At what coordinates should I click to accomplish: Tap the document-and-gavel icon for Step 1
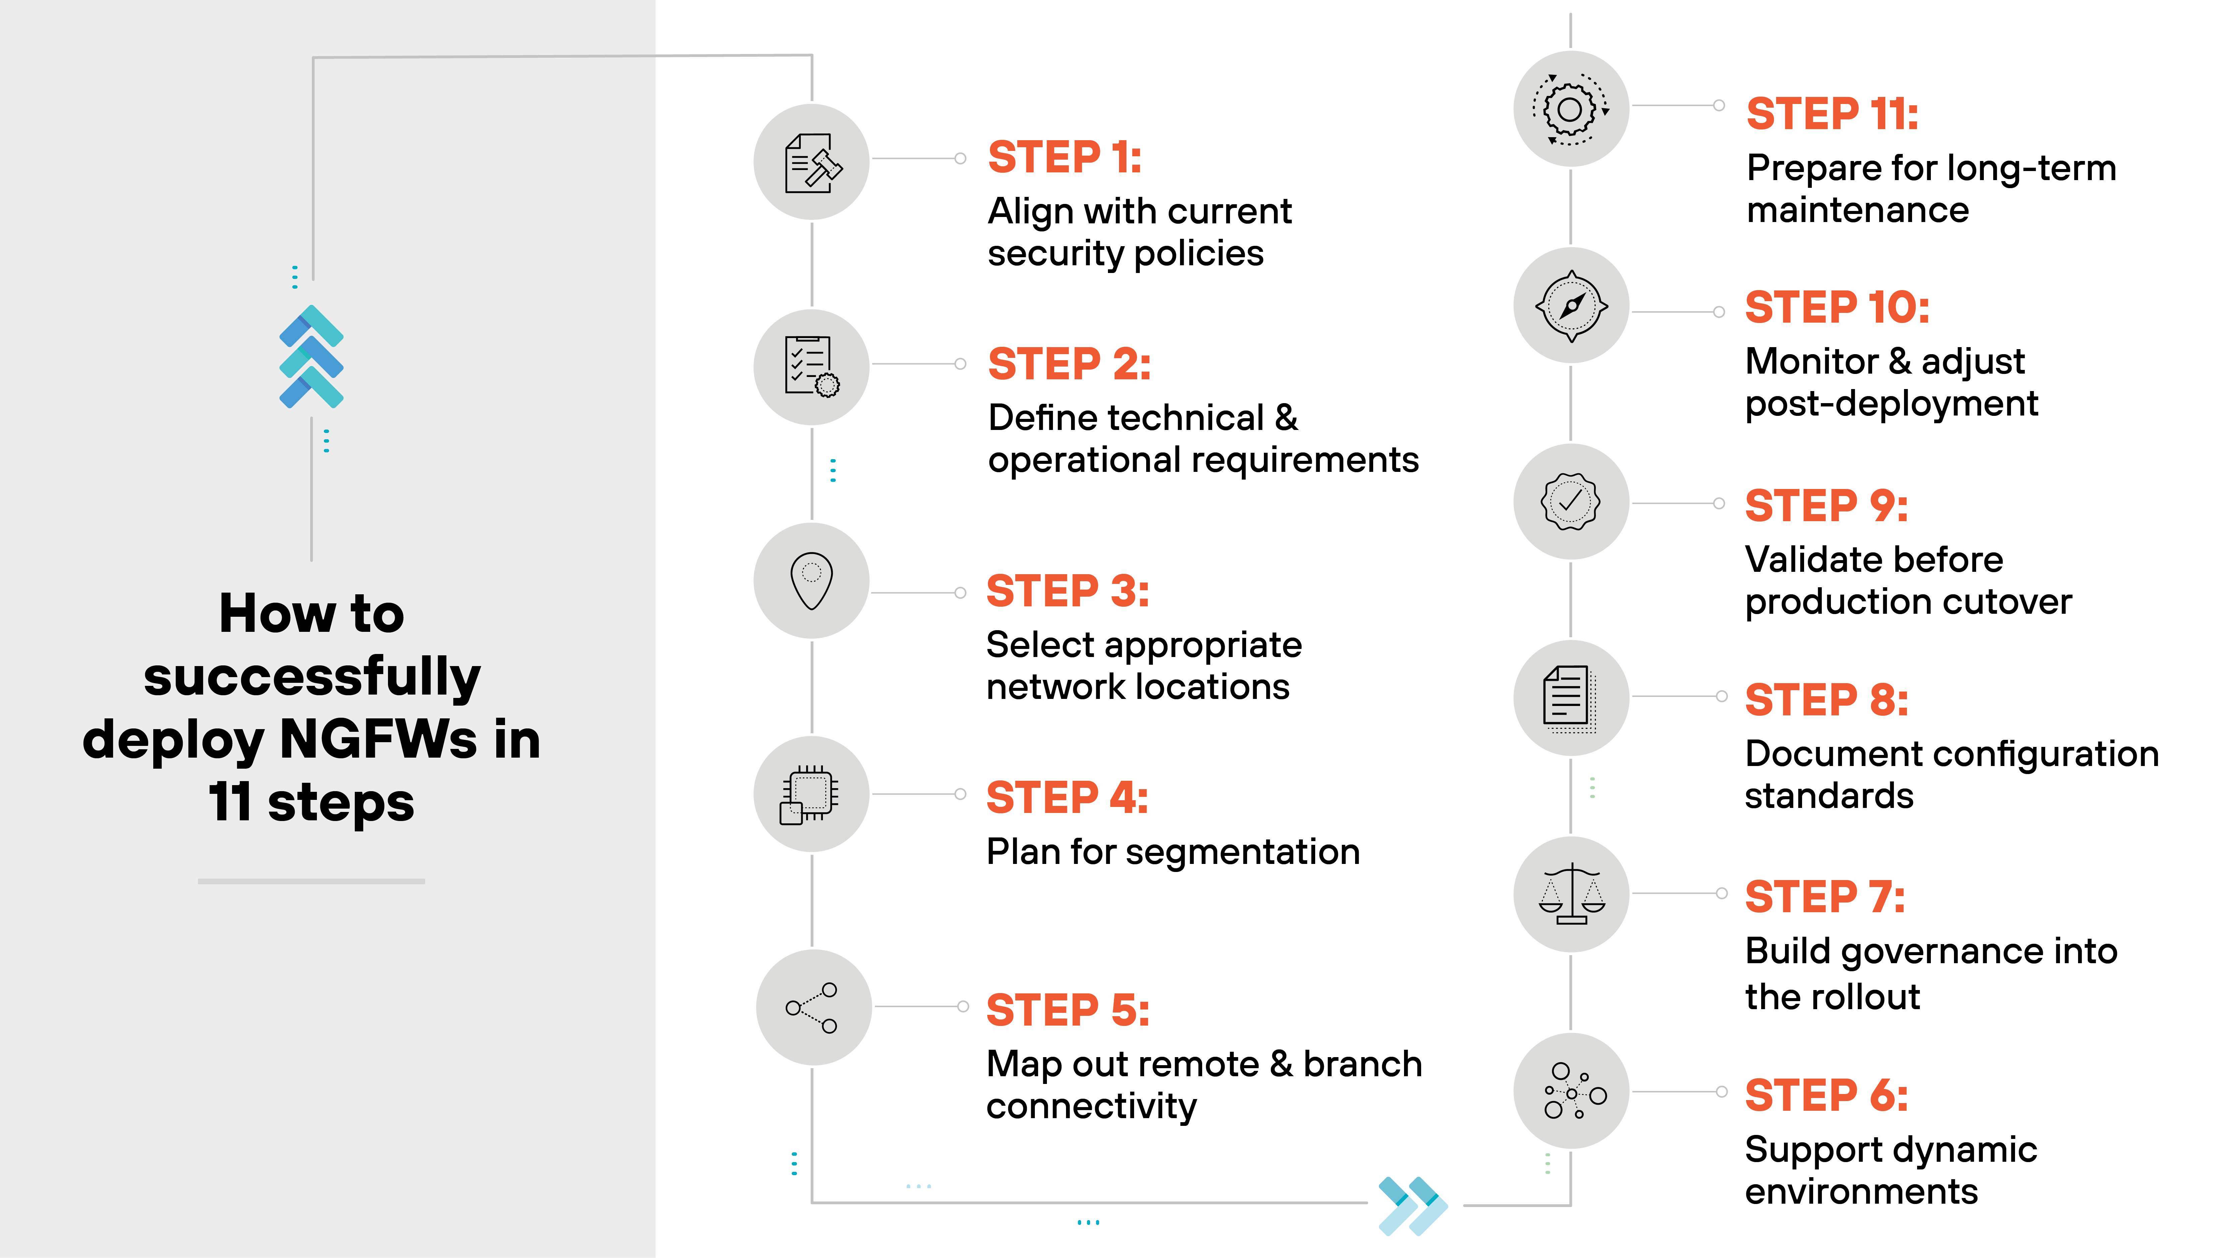812,162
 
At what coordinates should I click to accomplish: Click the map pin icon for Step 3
812,580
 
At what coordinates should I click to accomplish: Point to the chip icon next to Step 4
810,794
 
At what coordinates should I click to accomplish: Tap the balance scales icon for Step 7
1571,894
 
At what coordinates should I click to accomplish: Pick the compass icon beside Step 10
1571,306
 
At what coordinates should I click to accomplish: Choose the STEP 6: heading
1826,1095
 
